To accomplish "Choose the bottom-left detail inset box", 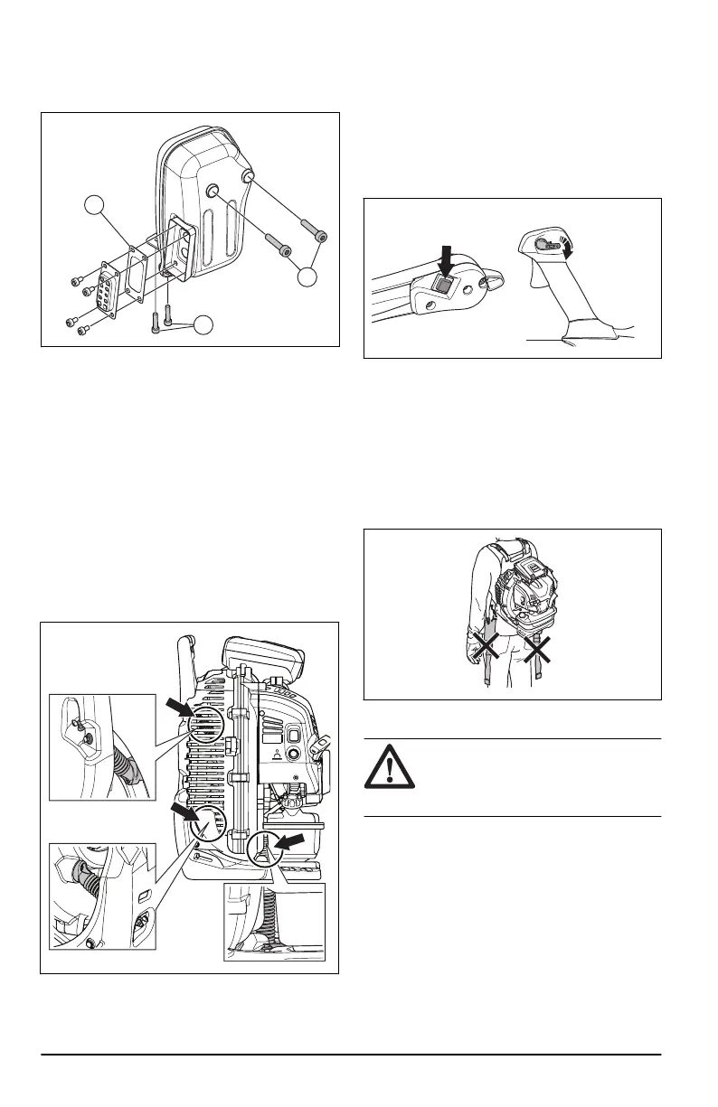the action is tap(101, 897).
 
